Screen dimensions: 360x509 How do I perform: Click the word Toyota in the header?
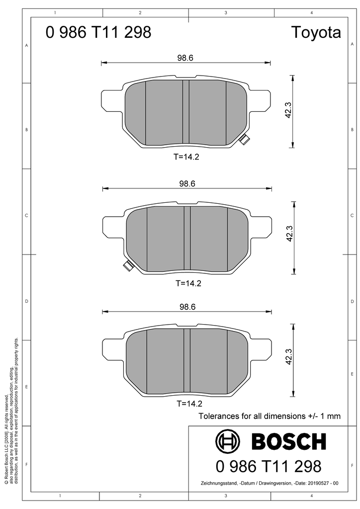[316, 33]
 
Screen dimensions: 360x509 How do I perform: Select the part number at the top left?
[98, 32]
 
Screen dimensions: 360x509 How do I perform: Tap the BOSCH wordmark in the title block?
[288, 441]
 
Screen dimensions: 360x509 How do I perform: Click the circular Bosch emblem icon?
[228, 441]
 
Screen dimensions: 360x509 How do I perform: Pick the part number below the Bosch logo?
[269, 466]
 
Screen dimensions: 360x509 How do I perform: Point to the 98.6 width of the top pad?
[185, 58]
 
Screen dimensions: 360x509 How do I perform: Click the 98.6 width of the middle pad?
[187, 184]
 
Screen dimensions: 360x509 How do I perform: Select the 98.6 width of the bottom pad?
[187, 307]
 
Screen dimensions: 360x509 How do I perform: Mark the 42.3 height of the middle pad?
[289, 234]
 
